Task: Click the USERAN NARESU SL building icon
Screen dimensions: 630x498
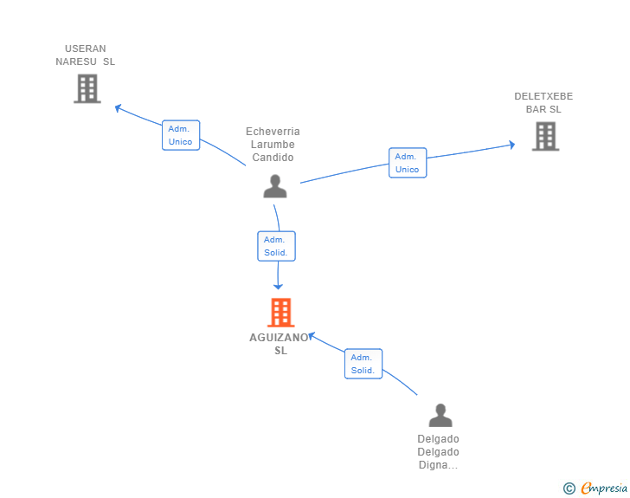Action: click(87, 88)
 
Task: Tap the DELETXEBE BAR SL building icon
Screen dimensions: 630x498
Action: click(545, 136)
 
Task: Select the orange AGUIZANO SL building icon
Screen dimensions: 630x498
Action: click(281, 313)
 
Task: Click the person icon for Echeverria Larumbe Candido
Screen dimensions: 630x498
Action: click(275, 186)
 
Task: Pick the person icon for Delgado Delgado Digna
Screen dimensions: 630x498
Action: click(440, 415)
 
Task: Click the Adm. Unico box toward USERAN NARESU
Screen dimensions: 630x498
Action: click(181, 135)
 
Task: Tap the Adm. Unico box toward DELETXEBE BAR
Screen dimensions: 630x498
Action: click(408, 163)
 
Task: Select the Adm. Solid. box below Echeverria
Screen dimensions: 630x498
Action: click(276, 246)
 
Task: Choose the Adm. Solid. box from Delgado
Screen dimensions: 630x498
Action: click(363, 364)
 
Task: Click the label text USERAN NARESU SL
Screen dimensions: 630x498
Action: click(85, 55)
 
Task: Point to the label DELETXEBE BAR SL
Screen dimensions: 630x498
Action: click(543, 102)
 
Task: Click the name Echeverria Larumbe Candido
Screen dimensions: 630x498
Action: click(273, 145)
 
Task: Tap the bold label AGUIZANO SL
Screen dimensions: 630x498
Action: click(280, 344)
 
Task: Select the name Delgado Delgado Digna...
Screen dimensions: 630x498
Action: click(438, 452)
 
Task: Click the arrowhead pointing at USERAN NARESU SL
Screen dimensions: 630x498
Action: click(118, 107)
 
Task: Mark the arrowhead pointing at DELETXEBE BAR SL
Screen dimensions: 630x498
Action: click(512, 145)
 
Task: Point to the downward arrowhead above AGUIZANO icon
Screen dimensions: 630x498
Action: click(278, 287)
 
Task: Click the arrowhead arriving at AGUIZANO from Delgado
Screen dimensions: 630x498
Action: click(312, 336)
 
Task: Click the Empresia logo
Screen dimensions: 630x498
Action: click(604, 488)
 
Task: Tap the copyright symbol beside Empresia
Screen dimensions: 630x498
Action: click(569, 488)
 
